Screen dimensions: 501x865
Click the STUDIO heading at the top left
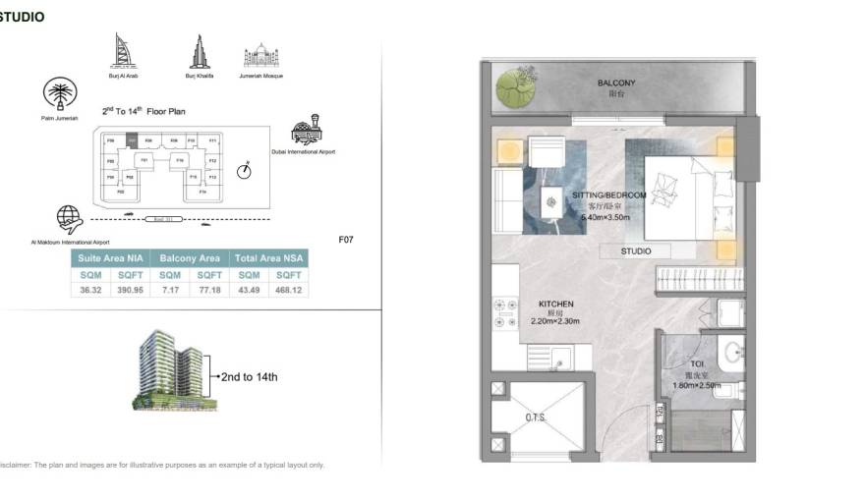pos(22,17)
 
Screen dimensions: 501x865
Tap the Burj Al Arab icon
pos(121,51)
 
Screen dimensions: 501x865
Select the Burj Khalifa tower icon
pos(197,52)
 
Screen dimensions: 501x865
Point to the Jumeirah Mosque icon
pos(260,56)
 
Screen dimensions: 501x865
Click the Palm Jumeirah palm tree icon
pos(60,95)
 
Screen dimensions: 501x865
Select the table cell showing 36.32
pos(90,291)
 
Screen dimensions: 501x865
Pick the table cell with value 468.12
pos(289,291)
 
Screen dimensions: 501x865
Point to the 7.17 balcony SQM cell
pos(170,291)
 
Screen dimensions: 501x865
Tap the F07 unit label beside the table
pos(345,239)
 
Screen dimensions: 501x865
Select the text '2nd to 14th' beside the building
pos(249,376)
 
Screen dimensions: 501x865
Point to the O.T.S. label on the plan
pos(535,417)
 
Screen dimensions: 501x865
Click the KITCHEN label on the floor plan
pos(555,305)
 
